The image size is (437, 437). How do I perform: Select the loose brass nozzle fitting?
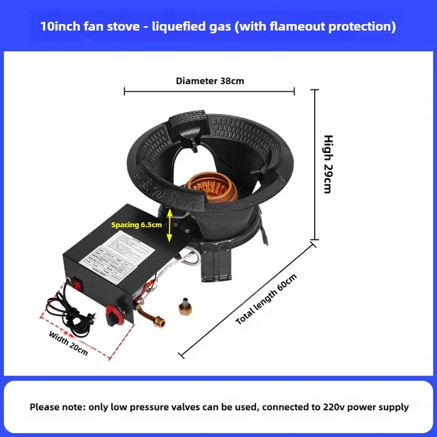(183, 307)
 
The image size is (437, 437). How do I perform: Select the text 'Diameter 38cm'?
(210, 81)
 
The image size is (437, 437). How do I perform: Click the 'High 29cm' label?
(328, 163)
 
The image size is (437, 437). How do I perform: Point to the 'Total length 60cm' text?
(267, 299)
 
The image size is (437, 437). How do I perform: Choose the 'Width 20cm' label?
(68, 343)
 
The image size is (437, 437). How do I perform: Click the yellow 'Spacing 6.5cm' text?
(137, 224)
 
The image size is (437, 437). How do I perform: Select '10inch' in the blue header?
(61, 27)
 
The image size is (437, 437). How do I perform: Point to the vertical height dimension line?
(314, 164)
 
